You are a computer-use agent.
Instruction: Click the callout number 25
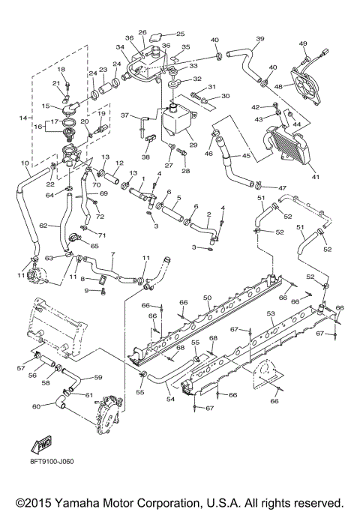click(x=179, y=34)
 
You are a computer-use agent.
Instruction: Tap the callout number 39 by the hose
click(x=260, y=39)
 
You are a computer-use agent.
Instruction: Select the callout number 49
click(x=303, y=43)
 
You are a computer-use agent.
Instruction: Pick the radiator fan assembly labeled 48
click(x=304, y=83)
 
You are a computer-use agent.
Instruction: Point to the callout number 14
click(x=21, y=118)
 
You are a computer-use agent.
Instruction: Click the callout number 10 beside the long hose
click(x=25, y=163)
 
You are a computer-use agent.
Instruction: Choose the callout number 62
click(x=43, y=223)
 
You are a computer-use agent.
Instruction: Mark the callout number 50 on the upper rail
click(x=208, y=298)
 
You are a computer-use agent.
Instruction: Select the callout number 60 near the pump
click(x=35, y=407)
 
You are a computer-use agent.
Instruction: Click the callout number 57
click(x=21, y=369)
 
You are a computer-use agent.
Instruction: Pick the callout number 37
click(x=126, y=116)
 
